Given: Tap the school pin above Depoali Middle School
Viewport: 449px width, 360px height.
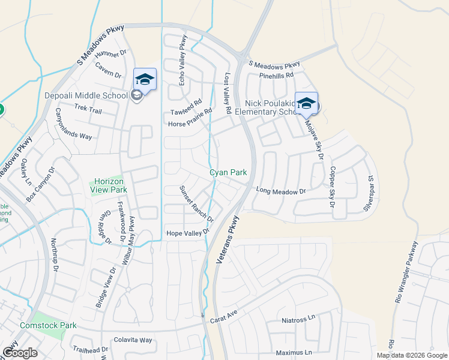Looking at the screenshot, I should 145,79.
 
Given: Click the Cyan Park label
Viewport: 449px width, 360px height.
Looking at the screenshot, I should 228,172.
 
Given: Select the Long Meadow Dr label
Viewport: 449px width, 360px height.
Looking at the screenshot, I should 281,191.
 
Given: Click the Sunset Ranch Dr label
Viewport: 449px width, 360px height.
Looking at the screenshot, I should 196,203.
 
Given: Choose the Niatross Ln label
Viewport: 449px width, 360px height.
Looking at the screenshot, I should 298,320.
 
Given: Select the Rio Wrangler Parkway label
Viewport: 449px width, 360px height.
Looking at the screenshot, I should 406,274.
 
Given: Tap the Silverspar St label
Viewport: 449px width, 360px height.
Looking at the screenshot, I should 370,193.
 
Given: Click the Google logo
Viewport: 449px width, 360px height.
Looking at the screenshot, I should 20,353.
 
